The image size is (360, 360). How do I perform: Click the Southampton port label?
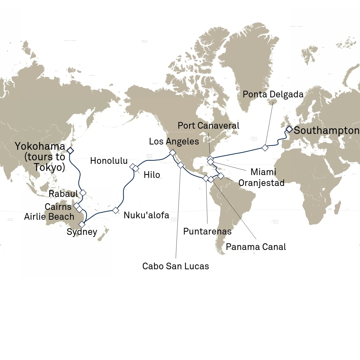pyautogui.click(x=326, y=131)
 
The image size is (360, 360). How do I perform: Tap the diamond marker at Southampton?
pyautogui.click(x=289, y=129)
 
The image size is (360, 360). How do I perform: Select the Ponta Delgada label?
pyautogui.click(x=273, y=94)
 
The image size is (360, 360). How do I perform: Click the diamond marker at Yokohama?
pyautogui.click(x=70, y=150)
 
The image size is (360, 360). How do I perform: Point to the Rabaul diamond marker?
pyautogui.click(x=83, y=193)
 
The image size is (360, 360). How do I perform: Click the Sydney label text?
pyautogui.click(x=82, y=232)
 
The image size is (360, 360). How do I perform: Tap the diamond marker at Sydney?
pyautogui.click(x=82, y=224)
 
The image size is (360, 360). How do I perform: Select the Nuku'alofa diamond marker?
pyautogui.click(x=116, y=210)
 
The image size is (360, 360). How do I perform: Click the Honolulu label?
pyautogui.click(x=109, y=161)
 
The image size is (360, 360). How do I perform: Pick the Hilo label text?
pyautogui.click(x=152, y=175)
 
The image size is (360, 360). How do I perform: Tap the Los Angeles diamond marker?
pyautogui.click(x=172, y=153)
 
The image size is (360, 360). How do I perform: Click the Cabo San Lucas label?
pyautogui.click(x=175, y=266)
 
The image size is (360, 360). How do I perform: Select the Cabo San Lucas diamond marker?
pyautogui.click(x=181, y=165)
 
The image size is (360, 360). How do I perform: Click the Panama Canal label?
pyautogui.click(x=256, y=247)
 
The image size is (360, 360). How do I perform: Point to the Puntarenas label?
pyautogui.click(x=207, y=231)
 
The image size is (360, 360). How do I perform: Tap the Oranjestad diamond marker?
pyautogui.click(x=221, y=175)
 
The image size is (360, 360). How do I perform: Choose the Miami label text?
pyautogui.click(x=263, y=172)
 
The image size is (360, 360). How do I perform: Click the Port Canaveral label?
pyautogui.click(x=208, y=126)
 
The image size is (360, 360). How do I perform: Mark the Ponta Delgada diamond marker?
pyautogui.click(x=265, y=148)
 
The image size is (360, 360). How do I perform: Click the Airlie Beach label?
pyautogui.click(x=49, y=216)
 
